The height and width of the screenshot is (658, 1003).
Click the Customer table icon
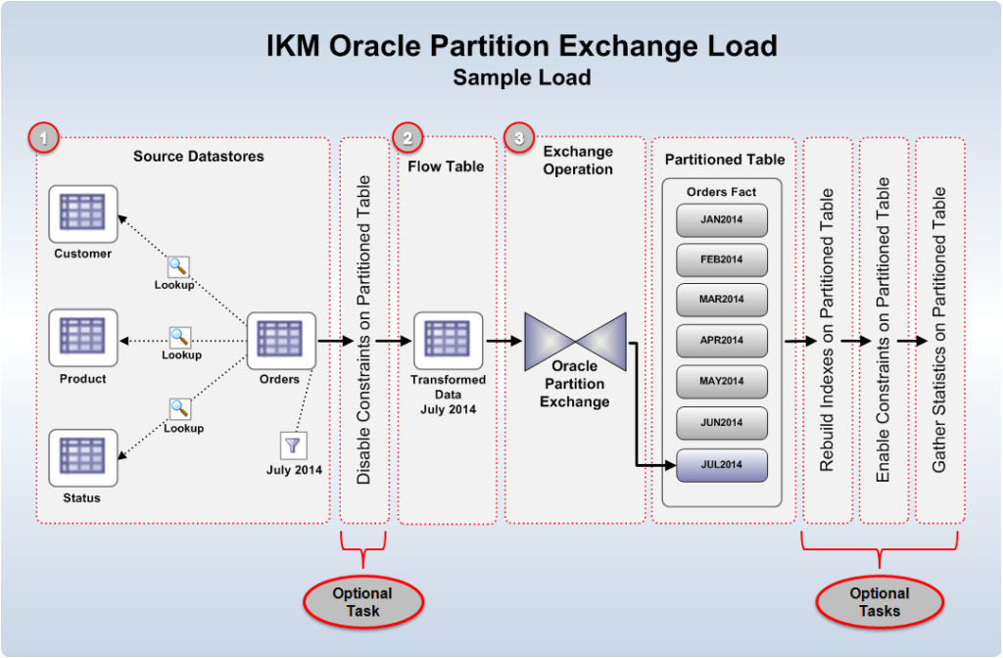83,213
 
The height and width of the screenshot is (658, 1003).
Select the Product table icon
83,338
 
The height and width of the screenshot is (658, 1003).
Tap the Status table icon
83,458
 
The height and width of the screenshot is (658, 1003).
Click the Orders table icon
280,341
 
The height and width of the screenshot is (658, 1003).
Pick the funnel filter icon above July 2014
293,446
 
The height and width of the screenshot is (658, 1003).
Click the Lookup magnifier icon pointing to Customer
178,266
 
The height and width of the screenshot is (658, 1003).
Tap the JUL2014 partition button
722,464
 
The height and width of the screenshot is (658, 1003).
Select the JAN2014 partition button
722,219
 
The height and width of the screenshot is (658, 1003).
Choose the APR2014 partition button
722,341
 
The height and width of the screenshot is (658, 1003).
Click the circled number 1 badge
44,138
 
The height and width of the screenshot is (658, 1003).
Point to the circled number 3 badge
519,138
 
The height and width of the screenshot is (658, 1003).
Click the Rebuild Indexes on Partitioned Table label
828,330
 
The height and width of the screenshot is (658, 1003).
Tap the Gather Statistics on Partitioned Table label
939,330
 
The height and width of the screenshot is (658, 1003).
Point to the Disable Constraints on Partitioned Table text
364,330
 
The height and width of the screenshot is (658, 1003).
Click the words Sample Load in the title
521,77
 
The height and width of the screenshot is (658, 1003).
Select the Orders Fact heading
721,192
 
